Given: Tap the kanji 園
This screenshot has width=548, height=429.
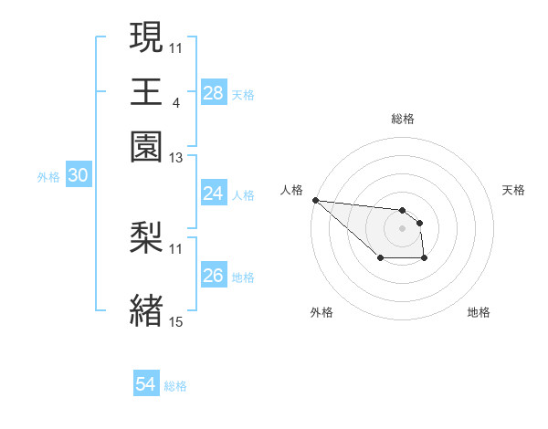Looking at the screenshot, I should click(146, 146).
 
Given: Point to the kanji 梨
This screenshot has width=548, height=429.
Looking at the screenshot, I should click(146, 237).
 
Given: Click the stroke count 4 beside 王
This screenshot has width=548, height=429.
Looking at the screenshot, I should click(175, 102).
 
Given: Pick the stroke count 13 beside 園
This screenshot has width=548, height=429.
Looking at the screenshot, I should click(176, 158).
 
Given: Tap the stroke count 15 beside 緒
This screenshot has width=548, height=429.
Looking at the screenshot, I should click(176, 320).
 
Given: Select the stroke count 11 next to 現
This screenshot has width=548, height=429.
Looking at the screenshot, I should click(176, 47).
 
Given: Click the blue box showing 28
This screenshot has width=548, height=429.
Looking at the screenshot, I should click(213, 93).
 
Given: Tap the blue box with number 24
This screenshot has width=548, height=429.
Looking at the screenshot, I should click(213, 194).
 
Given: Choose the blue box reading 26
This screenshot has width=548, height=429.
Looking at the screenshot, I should click(213, 276).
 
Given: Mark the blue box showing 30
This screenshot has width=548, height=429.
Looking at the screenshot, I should click(78, 176).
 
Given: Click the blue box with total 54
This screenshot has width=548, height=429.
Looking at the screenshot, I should click(146, 385).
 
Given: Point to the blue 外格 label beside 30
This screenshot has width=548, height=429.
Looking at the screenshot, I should click(48, 177).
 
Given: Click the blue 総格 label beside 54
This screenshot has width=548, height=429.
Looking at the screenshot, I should click(175, 386).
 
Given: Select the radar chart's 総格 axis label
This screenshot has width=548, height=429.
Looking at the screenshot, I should click(402, 120).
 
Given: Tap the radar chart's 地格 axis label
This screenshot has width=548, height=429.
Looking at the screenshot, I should click(479, 313).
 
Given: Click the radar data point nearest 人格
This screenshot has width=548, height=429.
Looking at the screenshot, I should click(314, 200).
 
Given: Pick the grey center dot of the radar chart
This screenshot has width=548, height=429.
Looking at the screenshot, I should click(402, 227).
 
